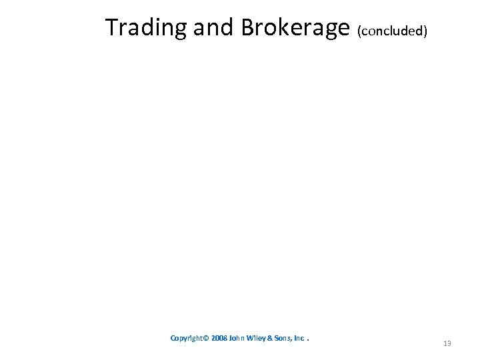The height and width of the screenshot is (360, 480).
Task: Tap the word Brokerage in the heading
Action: pos(295,27)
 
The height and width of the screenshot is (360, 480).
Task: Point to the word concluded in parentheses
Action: pos(392,31)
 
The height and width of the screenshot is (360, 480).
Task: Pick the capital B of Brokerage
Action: pos(248,27)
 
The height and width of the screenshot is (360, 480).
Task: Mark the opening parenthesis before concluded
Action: pos(360,31)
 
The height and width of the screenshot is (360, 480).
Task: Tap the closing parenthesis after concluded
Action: pos(425,31)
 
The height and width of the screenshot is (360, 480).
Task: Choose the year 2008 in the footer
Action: pos(218,338)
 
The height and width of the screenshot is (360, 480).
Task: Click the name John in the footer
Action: pos(237,338)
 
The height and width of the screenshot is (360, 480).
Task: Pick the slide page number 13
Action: pos(447,343)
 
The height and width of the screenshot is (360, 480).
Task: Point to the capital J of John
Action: pos(231,338)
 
